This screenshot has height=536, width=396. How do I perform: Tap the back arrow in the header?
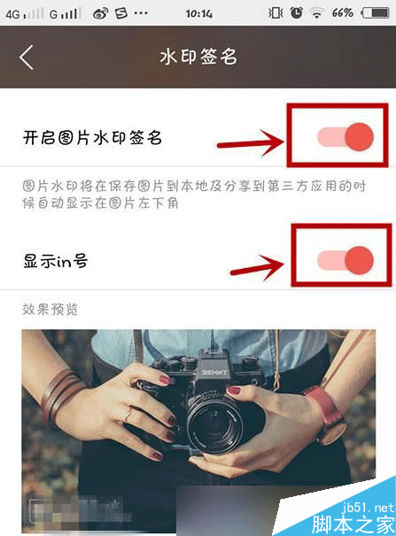(x=27, y=57)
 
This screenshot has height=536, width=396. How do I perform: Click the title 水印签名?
(x=198, y=57)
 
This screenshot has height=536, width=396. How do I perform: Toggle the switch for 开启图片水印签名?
(x=344, y=136)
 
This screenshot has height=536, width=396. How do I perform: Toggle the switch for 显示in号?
(x=344, y=258)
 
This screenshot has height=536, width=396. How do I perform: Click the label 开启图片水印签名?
(x=93, y=137)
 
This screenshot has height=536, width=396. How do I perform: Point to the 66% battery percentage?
(x=343, y=13)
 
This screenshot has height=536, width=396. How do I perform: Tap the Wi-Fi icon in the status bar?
(x=316, y=13)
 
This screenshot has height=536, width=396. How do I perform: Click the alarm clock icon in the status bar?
(x=296, y=13)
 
